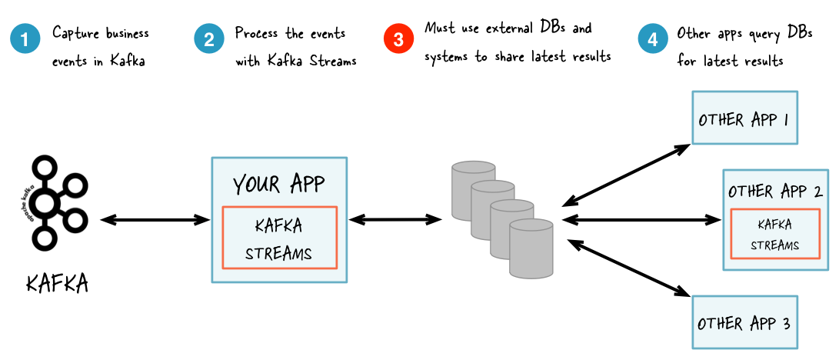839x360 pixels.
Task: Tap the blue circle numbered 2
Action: click(x=208, y=40)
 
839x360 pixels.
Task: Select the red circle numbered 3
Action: click(x=398, y=40)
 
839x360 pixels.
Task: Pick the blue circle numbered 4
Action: click(x=652, y=40)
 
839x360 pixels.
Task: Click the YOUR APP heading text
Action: click(x=278, y=184)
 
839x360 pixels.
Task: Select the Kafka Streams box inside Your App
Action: click(x=279, y=237)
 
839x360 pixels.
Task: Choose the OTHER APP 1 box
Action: click(x=744, y=118)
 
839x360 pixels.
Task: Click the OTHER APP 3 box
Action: click(x=743, y=322)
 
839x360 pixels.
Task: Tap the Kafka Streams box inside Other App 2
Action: click(x=774, y=235)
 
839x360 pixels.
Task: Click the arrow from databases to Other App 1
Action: click(x=626, y=173)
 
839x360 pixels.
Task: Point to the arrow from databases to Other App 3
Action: click(x=628, y=267)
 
